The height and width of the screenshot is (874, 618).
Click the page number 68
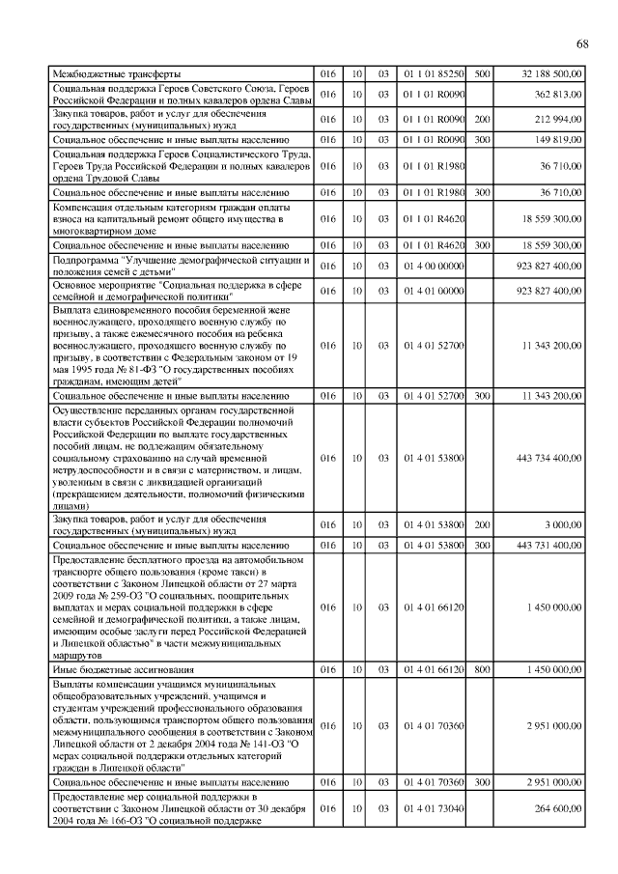(582, 43)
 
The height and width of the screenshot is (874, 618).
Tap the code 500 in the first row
(483, 73)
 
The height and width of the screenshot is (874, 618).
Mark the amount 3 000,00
(563, 524)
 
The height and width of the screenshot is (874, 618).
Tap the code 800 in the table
(483, 668)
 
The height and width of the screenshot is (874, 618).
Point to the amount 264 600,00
(557, 808)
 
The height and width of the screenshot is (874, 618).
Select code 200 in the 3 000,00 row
(483, 524)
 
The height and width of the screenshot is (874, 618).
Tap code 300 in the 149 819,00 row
(483, 140)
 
